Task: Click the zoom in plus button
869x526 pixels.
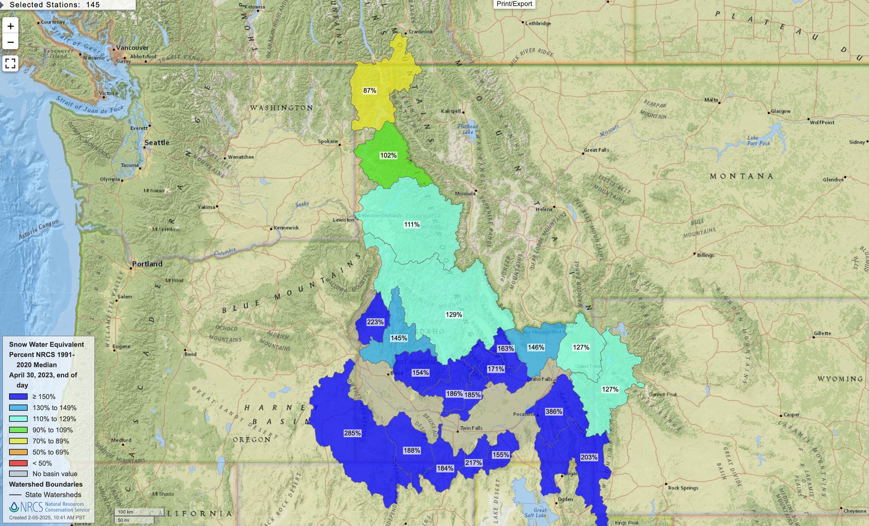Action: (x=10, y=26)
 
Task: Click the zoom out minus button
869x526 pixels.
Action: (x=10, y=42)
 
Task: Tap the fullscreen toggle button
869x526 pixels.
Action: (x=10, y=64)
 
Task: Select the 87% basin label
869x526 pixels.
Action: (x=369, y=91)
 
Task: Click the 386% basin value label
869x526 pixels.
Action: (x=554, y=411)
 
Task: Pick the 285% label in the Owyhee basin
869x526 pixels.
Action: (x=352, y=433)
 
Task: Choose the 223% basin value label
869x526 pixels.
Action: (x=375, y=322)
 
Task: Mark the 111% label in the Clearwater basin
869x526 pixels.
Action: (x=412, y=224)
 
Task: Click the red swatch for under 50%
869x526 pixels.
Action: (x=18, y=463)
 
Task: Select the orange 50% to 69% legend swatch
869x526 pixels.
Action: (x=18, y=452)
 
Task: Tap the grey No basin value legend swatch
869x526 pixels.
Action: (x=18, y=474)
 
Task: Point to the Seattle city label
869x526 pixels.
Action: (x=157, y=142)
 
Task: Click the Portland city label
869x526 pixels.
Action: (x=147, y=264)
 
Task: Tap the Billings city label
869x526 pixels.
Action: (x=705, y=255)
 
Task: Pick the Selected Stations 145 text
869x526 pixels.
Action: (x=55, y=5)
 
